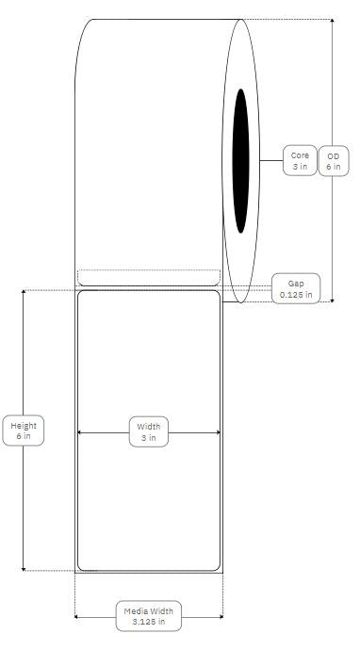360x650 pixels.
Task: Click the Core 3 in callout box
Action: (300, 160)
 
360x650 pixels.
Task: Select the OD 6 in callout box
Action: (333, 160)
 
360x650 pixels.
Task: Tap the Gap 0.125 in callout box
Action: (296, 288)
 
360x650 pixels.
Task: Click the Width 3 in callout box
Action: (149, 431)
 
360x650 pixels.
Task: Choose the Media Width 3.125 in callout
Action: (149, 616)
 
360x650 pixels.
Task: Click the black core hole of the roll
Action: (242, 160)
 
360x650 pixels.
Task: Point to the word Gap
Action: (296, 283)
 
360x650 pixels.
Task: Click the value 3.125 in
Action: (149, 622)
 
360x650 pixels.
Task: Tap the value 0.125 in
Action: (296, 295)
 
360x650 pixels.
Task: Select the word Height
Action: (23, 425)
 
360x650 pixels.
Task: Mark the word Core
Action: (300, 154)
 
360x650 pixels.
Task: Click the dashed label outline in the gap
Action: (148, 277)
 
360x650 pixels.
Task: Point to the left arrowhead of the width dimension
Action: (79, 432)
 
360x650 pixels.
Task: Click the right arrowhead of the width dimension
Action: (218, 432)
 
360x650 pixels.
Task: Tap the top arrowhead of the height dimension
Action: (23, 293)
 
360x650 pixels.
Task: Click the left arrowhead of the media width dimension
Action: (77, 617)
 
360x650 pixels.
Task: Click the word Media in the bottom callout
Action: (138, 610)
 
